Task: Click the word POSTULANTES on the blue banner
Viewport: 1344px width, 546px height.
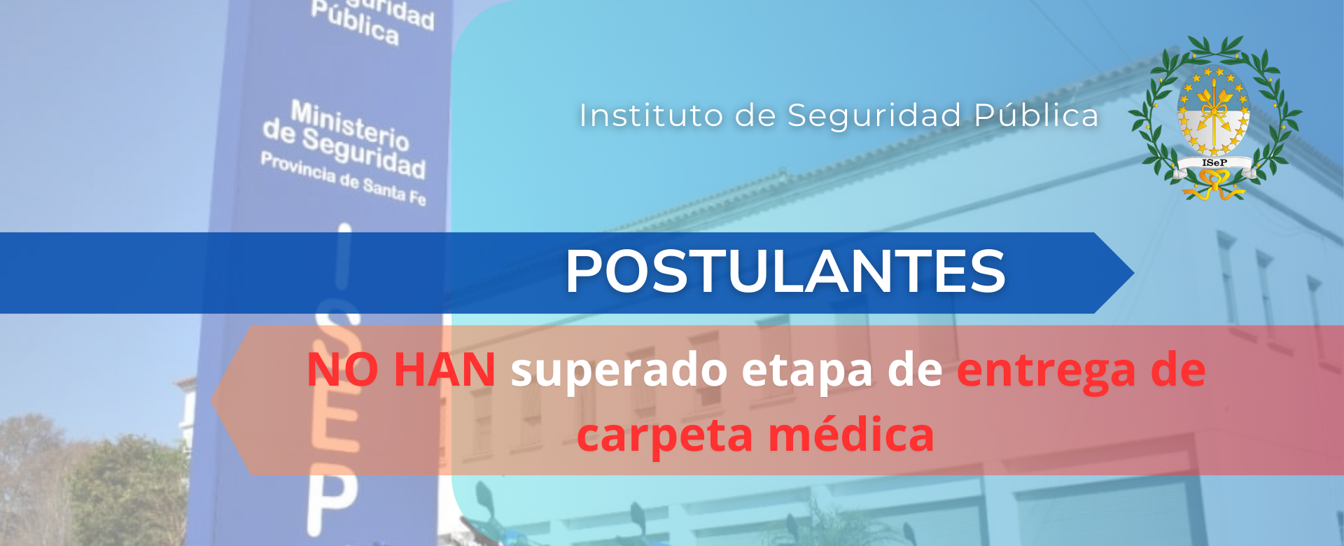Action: [785, 271]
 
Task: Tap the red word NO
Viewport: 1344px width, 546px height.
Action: [343, 370]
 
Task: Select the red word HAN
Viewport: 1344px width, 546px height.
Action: [445, 370]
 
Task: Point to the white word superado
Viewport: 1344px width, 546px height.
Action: [619, 371]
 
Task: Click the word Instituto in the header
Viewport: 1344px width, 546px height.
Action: [651, 115]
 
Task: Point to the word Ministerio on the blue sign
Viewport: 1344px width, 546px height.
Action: [350, 125]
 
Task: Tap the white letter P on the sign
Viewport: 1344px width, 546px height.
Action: [333, 496]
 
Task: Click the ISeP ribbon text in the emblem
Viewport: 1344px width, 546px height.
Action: [1214, 163]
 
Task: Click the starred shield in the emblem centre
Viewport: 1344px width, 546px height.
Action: [1214, 112]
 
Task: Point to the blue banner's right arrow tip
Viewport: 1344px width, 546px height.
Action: [1133, 272]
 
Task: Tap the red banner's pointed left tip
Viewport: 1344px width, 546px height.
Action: [213, 400]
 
